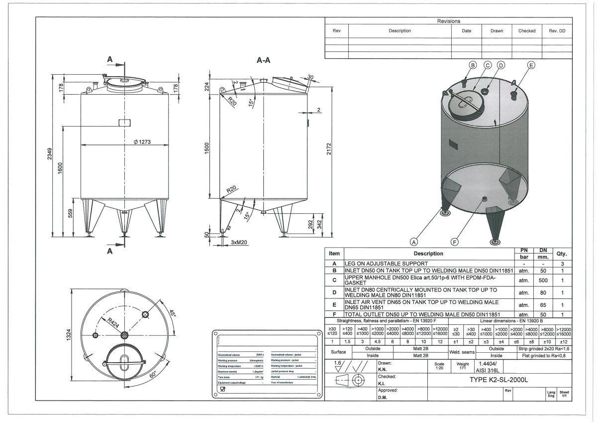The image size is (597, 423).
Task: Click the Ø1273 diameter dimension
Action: click(x=142, y=142)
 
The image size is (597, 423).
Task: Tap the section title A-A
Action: click(x=263, y=60)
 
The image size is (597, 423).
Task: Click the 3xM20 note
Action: click(x=239, y=242)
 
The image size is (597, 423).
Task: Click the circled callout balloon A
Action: click(x=413, y=242)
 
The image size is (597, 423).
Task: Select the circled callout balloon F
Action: click(x=454, y=242)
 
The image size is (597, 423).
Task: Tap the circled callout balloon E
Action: click(x=531, y=65)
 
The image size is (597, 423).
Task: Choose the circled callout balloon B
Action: click(x=473, y=65)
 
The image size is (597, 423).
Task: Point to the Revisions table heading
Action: click(x=448, y=21)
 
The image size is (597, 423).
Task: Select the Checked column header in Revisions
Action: click(x=527, y=31)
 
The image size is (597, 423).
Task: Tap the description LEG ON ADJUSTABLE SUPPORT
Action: click(x=386, y=263)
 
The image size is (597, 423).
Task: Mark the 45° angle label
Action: click(x=172, y=314)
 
